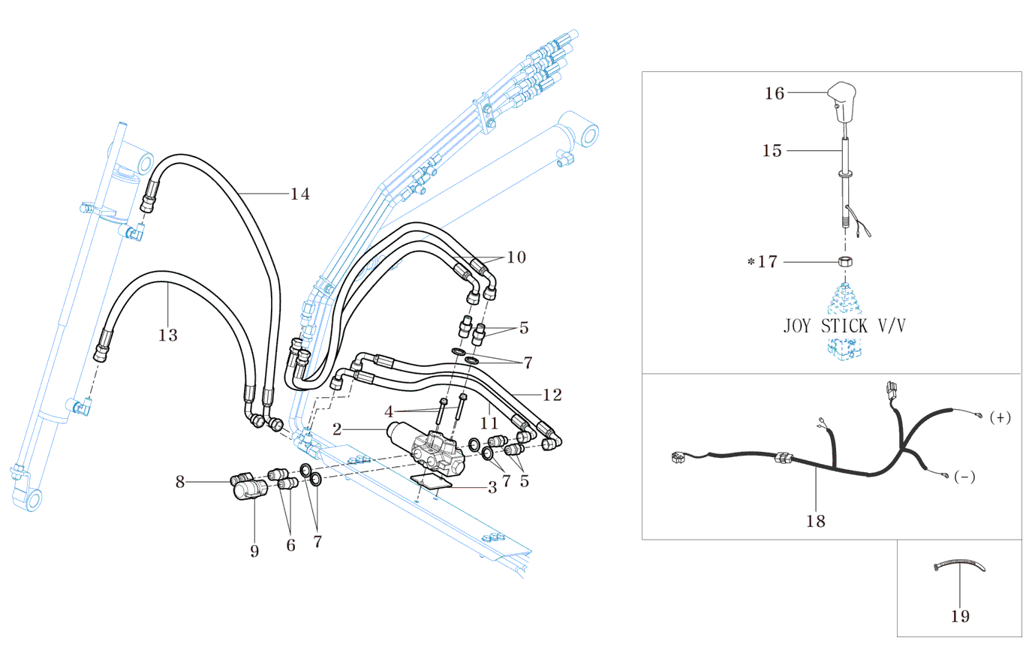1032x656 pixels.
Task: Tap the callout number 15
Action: point(772,151)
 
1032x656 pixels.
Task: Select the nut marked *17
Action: point(845,262)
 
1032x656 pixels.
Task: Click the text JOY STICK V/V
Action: point(844,326)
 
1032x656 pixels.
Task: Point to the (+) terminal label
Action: point(1000,417)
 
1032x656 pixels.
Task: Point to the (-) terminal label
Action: point(964,477)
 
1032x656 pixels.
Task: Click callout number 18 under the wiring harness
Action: point(816,521)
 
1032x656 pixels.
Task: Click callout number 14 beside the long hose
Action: point(300,194)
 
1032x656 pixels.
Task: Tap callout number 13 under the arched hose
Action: point(168,335)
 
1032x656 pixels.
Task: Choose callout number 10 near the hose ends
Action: point(516,257)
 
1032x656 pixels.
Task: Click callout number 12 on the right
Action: point(552,395)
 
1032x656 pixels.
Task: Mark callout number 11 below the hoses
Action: point(489,424)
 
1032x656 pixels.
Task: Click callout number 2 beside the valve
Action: point(337,429)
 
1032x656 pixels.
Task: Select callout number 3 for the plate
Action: point(492,488)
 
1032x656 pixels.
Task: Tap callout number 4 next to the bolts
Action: point(389,412)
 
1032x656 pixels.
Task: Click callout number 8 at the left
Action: point(180,482)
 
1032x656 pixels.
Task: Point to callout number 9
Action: point(254,552)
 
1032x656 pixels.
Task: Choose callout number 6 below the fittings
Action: point(291,546)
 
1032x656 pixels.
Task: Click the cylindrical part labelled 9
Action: point(248,492)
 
